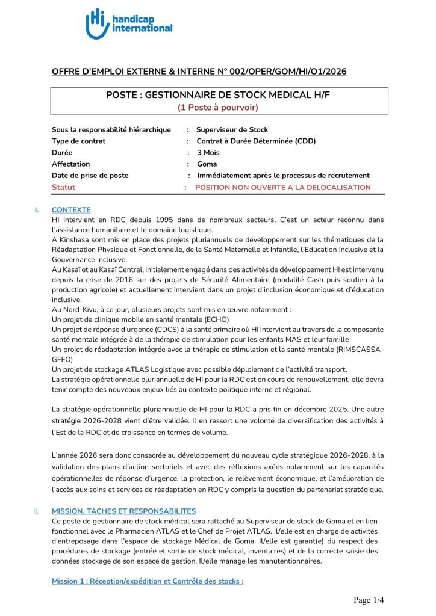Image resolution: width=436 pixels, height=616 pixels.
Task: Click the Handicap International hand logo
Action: (x=98, y=23)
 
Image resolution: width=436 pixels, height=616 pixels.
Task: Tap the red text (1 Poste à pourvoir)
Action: (x=217, y=108)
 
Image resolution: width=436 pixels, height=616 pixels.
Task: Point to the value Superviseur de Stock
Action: (x=232, y=129)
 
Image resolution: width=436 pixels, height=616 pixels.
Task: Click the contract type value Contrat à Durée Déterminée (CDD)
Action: (x=256, y=141)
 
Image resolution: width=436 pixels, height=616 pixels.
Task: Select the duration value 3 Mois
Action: (x=208, y=153)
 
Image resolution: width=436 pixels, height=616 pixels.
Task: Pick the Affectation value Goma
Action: (x=207, y=164)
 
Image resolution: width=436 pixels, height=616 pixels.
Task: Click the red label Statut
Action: (x=63, y=187)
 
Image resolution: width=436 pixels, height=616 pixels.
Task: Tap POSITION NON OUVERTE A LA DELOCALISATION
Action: (x=283, y=187)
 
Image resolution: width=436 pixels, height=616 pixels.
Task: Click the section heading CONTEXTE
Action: (x=71, y=210)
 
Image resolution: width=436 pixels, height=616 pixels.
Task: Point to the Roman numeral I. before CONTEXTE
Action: (x=37, y=210)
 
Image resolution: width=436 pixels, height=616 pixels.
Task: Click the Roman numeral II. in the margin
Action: (x=36, y=511)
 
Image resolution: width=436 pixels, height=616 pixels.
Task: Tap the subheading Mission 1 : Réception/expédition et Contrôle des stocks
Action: (x=148, y=582)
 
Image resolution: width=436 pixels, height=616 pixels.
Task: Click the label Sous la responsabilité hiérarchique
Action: (x=111, y=129)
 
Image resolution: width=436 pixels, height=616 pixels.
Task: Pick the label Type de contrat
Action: (x=78, y=141)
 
